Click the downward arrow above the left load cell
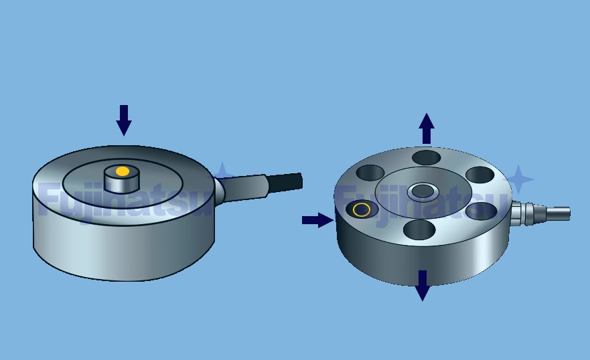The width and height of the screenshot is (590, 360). [x=124, y=120]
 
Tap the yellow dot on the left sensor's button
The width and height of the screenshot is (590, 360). [x=123, y=172]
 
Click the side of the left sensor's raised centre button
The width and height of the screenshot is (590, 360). [x=122, y=185]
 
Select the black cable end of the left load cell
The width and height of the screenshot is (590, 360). [x=285, y=183]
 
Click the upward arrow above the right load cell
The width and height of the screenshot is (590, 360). [x=427, y=128]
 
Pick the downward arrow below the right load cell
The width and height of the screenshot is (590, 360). [x=422, y=286]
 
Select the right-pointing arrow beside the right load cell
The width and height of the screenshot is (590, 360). [x=318, y=220]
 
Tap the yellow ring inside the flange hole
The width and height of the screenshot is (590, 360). [x=361, y=210]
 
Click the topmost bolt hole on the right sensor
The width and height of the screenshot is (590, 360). [x=427, y=157]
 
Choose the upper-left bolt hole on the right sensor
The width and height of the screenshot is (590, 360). [x=370, y=173]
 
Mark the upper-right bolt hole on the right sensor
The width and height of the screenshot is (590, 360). [x=480, y=175]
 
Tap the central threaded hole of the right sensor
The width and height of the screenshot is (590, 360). [x=422, y=191]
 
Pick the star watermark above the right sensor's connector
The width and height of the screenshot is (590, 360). [x=518, y=179]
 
